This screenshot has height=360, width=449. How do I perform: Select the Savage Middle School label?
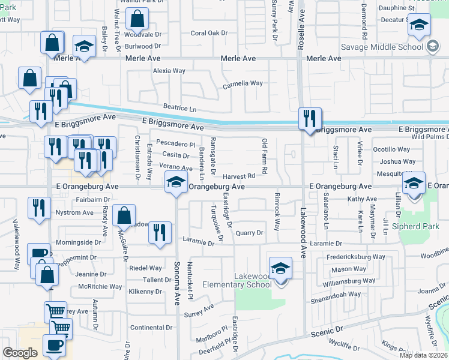[382, 47]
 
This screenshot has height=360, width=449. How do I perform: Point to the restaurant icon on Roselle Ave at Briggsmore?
[310, 119]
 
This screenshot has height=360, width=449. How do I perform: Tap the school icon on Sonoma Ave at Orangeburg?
[175, 183]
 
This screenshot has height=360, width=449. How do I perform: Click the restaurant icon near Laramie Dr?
[160, 233]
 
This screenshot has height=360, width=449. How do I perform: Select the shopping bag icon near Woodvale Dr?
[137, 20]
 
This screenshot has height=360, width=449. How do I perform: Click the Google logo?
[20, 353]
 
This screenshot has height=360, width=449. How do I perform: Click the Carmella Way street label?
[243, 83]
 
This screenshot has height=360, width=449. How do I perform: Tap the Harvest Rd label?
[239, 176]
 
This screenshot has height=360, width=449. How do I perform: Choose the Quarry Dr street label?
[250, 233]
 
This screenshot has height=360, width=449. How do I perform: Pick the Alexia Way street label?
[169, 71]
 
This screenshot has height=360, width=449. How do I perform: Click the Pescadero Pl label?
[176, 144]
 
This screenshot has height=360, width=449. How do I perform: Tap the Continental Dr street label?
[152, 328]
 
